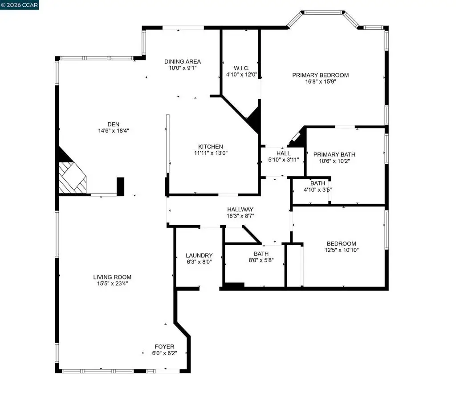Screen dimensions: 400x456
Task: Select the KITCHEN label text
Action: [211, 146]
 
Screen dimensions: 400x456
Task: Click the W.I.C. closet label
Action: [235, 68]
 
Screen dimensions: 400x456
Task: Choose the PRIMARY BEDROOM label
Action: [320, 75]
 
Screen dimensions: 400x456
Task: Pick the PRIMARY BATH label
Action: [334, 154]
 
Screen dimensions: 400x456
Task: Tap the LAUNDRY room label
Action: [199, 255]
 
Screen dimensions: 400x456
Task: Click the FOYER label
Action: [164, 347]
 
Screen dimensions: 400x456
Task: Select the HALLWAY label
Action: [240, 210]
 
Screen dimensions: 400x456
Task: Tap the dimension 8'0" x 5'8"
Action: [261, 260]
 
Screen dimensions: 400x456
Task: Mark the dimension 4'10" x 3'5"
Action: [318, 190]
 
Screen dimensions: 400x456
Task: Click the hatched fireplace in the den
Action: [72, 177]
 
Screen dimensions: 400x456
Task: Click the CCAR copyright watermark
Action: [20, 5]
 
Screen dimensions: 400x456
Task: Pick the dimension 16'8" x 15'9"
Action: [320, 82]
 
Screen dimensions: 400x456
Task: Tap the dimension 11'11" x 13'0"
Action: [211, 153]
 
